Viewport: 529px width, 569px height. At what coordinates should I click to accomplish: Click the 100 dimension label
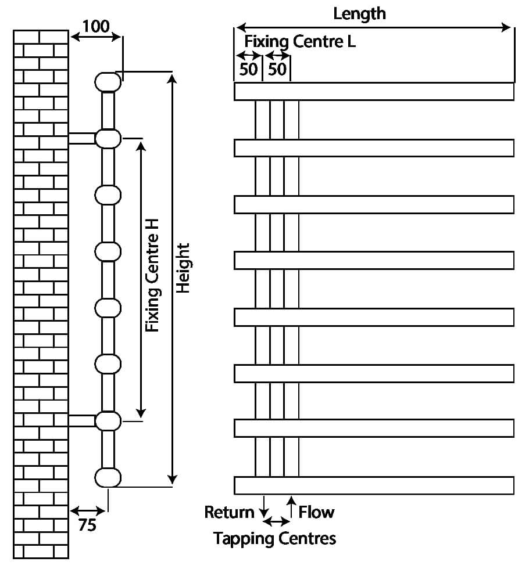coord(95,26)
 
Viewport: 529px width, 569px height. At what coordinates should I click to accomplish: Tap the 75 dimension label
coord(87,525)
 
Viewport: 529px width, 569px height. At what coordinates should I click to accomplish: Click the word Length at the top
coord(359,13)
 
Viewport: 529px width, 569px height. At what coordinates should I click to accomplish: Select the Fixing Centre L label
coord(300,42)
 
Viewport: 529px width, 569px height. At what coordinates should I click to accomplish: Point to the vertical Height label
coord(183,268)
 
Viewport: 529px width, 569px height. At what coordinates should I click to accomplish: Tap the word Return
coord(229,512)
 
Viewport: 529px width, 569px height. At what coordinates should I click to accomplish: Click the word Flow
coord(316,512)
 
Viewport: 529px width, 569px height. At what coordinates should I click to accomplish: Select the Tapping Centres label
coord(274,538)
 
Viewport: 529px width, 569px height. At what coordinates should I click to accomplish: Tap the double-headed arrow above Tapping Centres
coord(277,521)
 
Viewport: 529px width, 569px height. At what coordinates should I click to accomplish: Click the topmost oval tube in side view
coord(108,81)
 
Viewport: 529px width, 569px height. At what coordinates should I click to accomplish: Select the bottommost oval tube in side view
coord(108,477)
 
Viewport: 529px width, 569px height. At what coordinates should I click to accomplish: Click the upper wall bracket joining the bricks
coord(81,138)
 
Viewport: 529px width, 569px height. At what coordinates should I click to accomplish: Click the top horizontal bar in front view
coord(374,92)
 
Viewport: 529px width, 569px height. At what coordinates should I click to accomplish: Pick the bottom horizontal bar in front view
coord(374,485)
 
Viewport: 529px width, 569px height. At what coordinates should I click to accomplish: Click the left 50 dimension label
coord(248,70)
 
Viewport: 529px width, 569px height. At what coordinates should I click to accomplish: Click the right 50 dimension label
coord(277,70)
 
